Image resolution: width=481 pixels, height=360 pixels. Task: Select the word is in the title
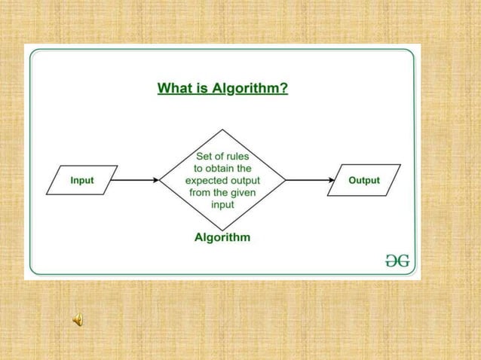pos(200,89)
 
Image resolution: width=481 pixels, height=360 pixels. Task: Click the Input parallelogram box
pos(82,181)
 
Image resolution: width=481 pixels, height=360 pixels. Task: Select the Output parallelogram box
pos(363,181)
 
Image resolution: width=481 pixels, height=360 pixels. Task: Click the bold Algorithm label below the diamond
pos(222,237)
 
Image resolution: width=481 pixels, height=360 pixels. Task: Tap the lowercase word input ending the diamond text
pos(222,205)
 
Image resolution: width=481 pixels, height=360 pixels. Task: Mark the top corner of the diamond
pos(222,133)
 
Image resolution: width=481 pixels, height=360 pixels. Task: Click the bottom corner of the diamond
pos(222,228)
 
